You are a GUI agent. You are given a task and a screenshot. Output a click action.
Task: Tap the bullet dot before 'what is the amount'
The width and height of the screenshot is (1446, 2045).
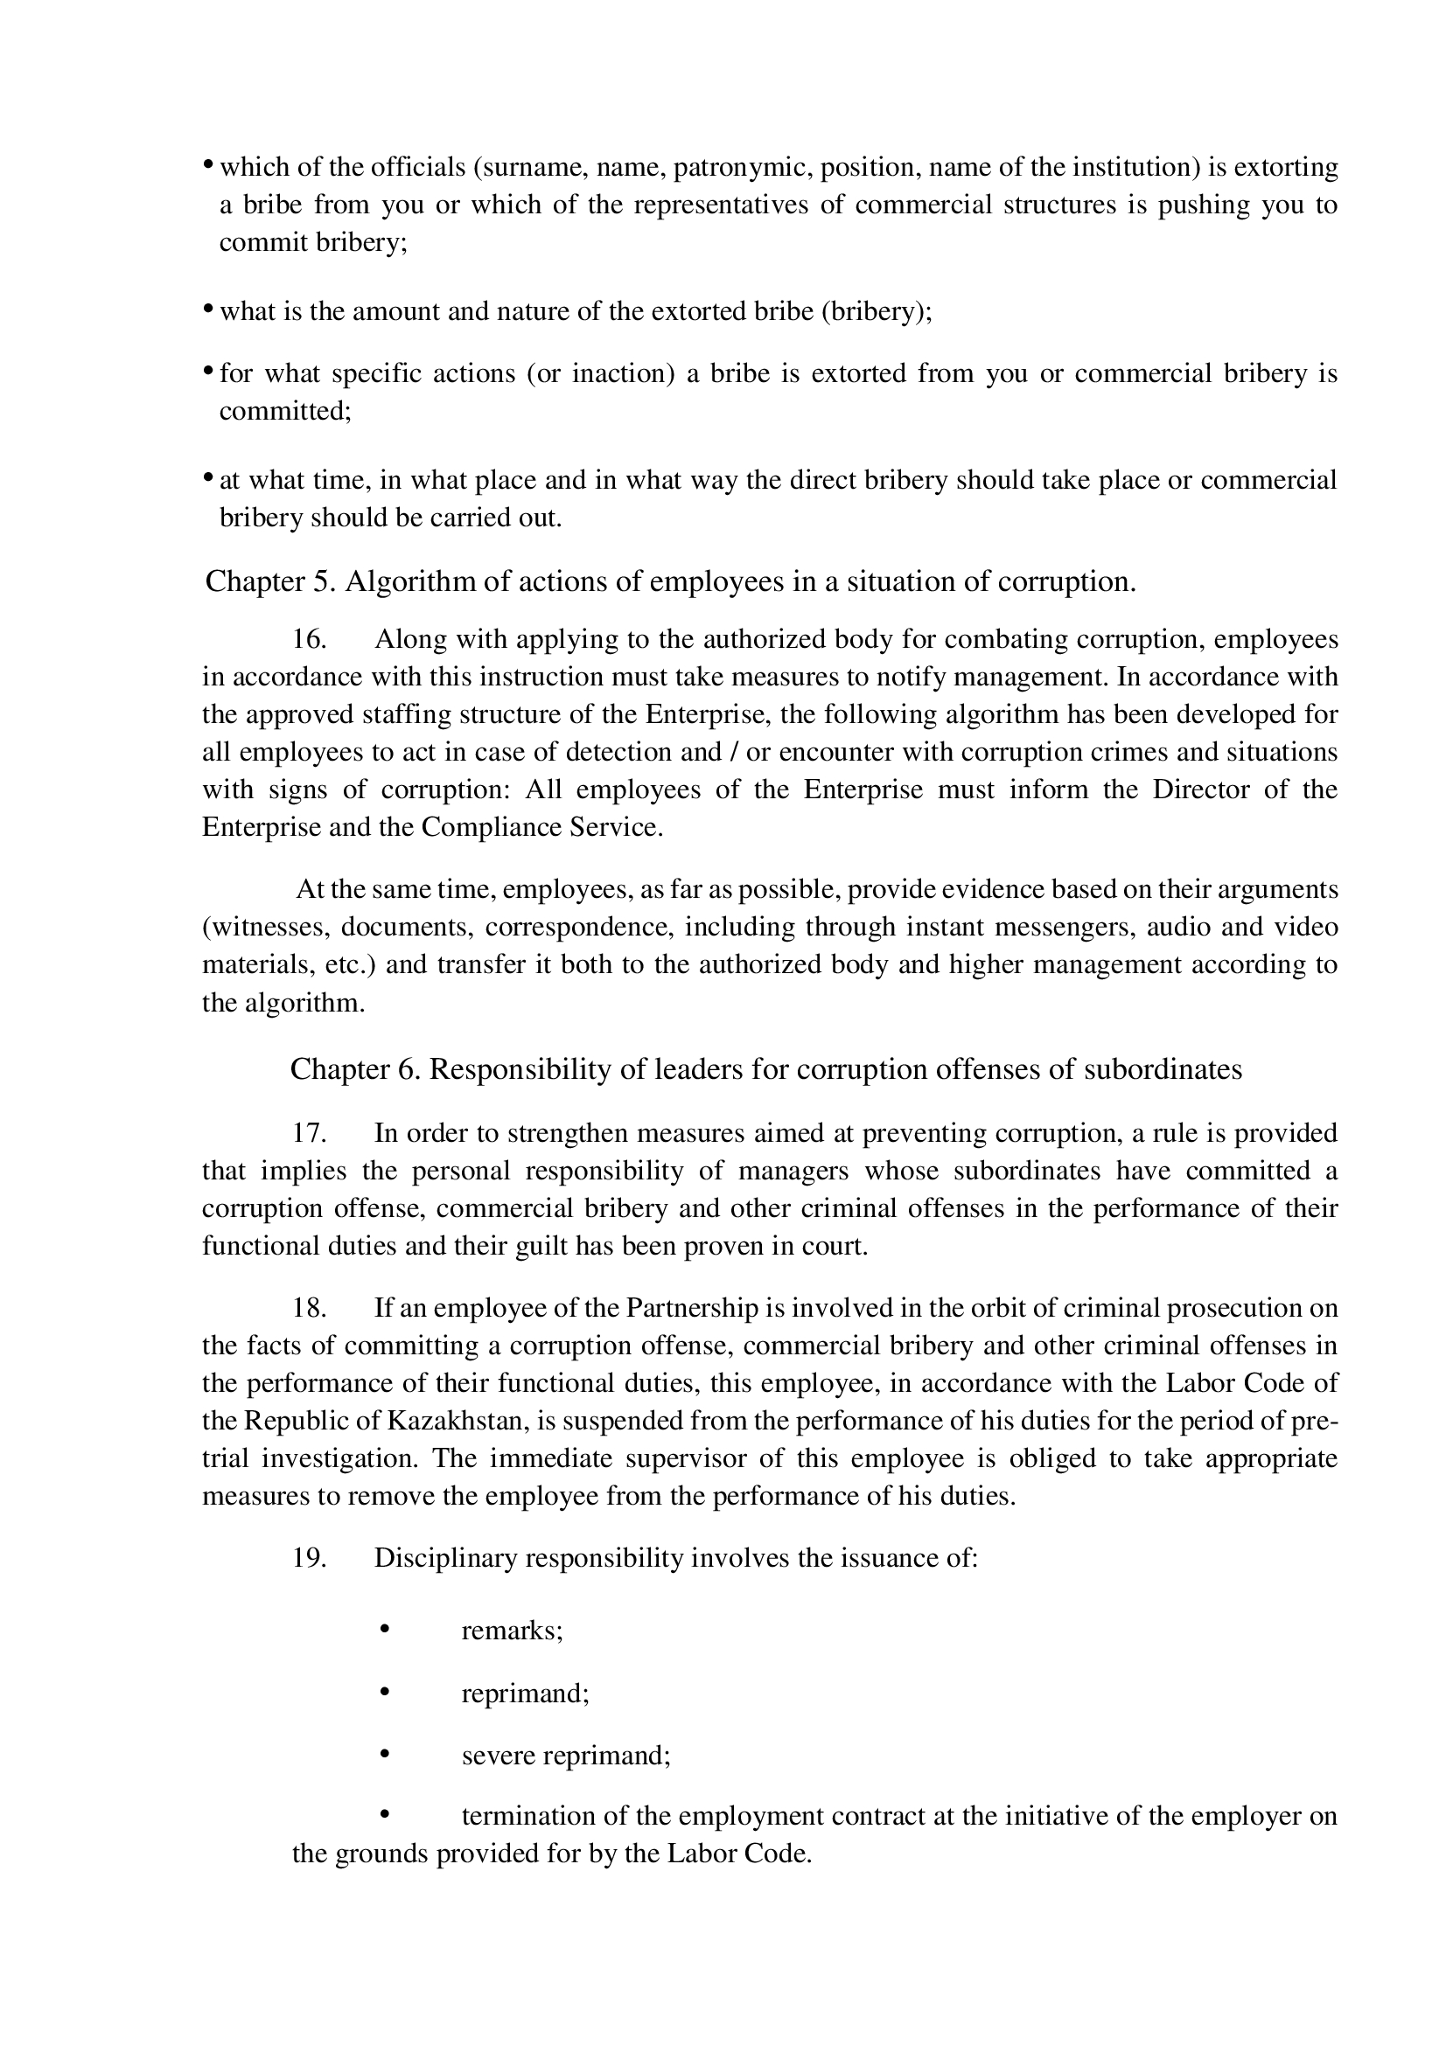(207, 308)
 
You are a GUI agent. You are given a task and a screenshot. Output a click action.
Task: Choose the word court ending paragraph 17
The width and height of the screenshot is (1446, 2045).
(842, 1246)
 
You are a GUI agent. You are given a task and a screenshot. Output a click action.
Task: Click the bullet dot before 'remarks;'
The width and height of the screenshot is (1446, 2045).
(386, 1629)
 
